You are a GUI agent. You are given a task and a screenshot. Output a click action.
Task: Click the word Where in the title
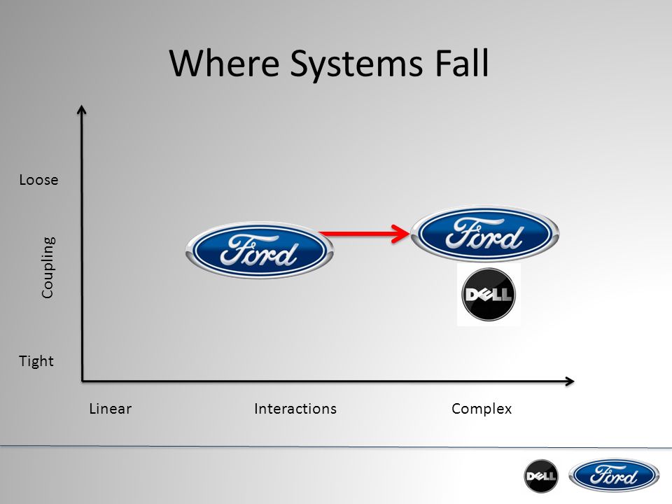click(x=225, y=63)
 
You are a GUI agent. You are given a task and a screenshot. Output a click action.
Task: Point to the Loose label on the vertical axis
click(x=38, y=180)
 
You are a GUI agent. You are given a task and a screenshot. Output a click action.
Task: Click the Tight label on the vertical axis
click(x=36, y=361)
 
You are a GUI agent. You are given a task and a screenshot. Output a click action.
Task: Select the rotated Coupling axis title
click(x=48, y=267)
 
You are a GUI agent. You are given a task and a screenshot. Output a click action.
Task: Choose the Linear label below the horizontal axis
click(x=110, y=409)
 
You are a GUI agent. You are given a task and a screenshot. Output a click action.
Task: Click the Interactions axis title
click(x=295, y=409)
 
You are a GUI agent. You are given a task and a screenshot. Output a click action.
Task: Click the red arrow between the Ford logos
click(x=364, y=234)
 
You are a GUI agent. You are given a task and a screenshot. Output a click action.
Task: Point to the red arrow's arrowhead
click(x=402, y=234)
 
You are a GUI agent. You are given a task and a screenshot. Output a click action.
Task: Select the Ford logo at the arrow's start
click(x=259, y=251)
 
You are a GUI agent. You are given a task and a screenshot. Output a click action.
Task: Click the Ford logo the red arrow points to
click(x=485, y=234)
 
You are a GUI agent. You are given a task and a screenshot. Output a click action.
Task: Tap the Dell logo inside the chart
click(x=489, y=295)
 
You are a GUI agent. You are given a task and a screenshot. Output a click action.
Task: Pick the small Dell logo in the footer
click(x=541, y=476)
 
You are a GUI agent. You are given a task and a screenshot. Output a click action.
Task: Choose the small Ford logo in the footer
click(x=614, y=475)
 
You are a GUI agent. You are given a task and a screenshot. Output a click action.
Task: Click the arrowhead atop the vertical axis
click(x=82, y=109)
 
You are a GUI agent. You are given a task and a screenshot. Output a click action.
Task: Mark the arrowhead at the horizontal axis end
click(x=570, y=381)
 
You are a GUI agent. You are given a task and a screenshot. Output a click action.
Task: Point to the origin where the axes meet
click(x=83, y=381)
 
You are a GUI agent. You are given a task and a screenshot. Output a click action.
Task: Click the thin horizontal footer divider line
click(x=336, y=447)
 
